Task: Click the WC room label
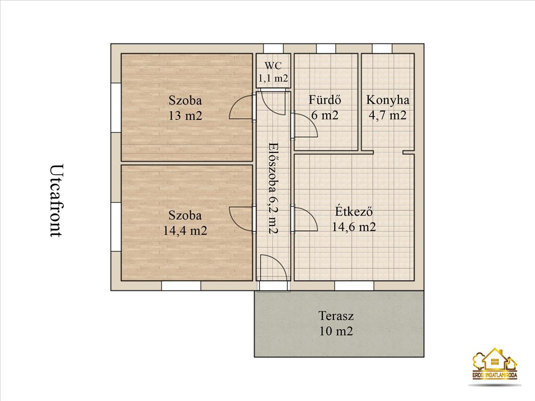(x=273, y=65)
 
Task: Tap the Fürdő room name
(x=325, y=100)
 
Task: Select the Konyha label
(x=387, y=100)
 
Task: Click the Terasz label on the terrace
(x=336, y=316)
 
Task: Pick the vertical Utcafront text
(x=57, y=200)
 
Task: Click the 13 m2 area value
(x=185, y=116)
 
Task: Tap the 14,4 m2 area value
(x=185, y=230)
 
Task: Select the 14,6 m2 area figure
(x=354, y=227)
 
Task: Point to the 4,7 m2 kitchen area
(x=387, y=115)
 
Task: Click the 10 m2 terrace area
(x=336, y=331)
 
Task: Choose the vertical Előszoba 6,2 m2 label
(x=273, y=188)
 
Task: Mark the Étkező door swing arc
(x=313, y=214)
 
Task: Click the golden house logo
(x=495, y=367)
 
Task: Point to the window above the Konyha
(x=382, y=49)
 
